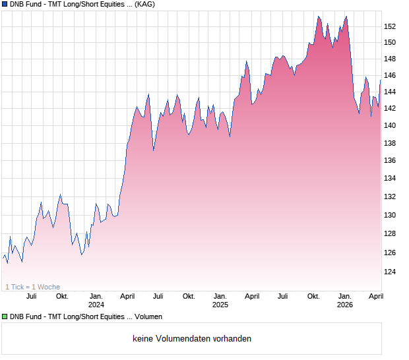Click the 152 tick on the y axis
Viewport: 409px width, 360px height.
(391, 26)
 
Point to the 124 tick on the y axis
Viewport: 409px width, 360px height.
(391, 271)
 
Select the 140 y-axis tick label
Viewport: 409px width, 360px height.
(391, 125)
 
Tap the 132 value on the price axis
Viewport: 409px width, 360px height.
(391, 196)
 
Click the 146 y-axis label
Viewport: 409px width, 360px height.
(391, 75)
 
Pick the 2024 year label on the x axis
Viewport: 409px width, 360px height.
(96, 305)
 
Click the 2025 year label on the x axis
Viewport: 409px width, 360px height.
(220, 305)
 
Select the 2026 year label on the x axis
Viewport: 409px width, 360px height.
(345, 305)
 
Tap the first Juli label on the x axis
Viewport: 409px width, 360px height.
(32, 297)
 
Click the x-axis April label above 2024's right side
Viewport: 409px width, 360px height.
(127, 297)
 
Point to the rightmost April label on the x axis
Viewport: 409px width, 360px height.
(375, 297)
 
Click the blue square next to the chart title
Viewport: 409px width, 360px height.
(5, 5)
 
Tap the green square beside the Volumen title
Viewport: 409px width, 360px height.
(5, 317)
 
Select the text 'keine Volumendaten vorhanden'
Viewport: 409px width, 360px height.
(191, 338)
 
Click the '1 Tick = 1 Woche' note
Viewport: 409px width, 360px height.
(32, 287)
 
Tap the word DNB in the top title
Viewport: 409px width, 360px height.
(18, 5)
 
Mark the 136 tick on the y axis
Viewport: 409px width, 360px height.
(391, 160)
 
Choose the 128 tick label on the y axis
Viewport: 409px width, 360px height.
(391, 233)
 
